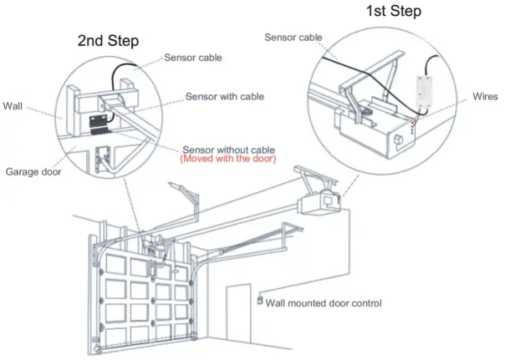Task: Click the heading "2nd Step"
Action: [x=108, y=41]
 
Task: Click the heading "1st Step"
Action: [x=393, y=12]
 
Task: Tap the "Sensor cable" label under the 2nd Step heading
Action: [x=193, y=58]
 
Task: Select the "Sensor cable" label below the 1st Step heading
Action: [x=292, y=36]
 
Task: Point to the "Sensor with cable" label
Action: [x=225, y=97]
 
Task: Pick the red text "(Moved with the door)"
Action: [x=227, y=159]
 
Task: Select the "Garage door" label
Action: [x=32, y=171]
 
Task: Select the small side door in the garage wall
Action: [x=238, y=317]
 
